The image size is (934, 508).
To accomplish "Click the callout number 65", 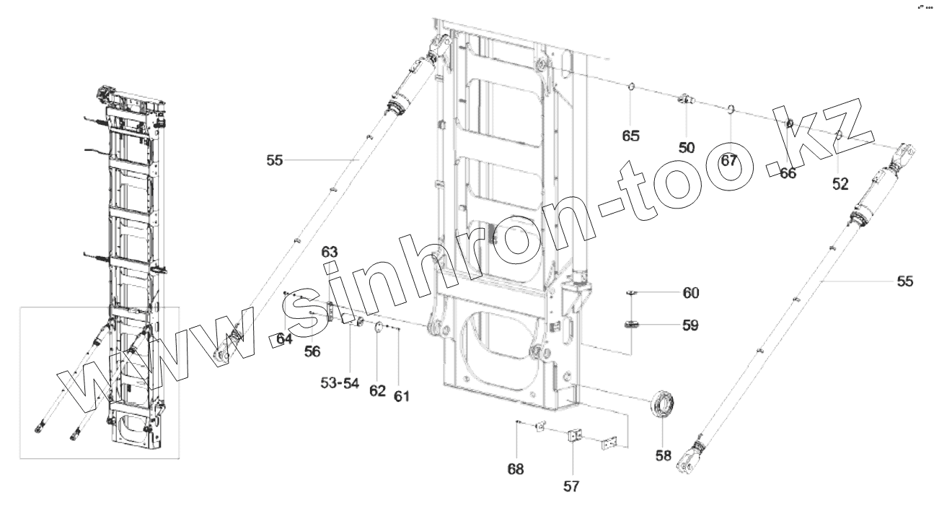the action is tap(630, 136).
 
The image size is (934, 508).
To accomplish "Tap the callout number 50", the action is tap(687, 148).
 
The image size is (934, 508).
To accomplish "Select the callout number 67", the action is tap(729, 160).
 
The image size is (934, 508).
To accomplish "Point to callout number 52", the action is tap(840, 184).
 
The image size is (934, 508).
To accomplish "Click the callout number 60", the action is tap(690, 293).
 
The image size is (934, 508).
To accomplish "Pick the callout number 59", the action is tap(690, 325).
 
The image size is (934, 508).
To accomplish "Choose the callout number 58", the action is tap(664, 455).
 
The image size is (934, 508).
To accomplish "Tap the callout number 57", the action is tap(571, 486).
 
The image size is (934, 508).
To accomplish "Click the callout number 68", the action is tap(516, 469).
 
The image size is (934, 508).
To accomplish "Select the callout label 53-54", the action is tap(340, 383).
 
